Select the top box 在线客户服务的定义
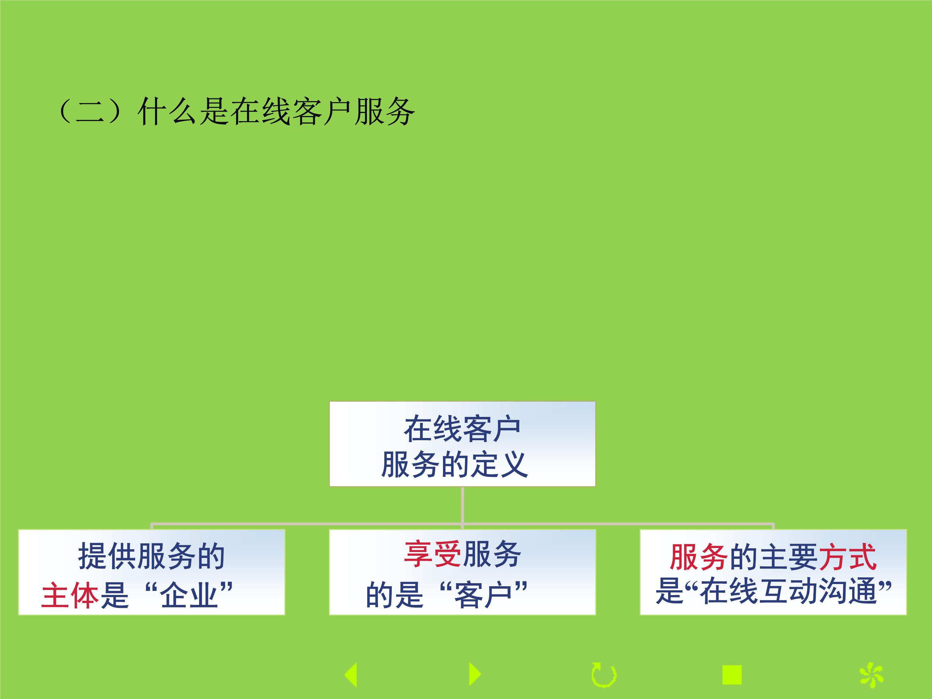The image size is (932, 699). (x=462, y=444)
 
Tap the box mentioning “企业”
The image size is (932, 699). (x=152, y=572)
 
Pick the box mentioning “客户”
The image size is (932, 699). (x=462, y=572)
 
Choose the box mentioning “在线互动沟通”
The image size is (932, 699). (x=773, y=572)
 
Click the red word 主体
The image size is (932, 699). (x=70, y=595)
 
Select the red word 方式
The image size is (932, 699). (x=847, y=557)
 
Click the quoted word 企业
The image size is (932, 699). (x=189, y=595)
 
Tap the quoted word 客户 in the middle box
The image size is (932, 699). (x=483, y=595)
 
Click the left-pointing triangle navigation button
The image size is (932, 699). (x=351, y=674)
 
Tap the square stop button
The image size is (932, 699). (x=732, y=674)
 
